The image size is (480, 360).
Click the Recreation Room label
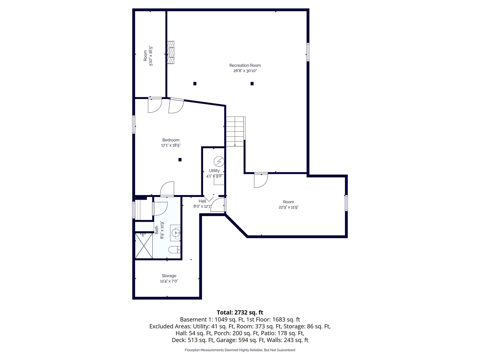click(245, 65)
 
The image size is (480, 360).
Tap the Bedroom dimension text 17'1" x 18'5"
click(171, 145)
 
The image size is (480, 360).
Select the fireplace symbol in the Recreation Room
click(171, 52)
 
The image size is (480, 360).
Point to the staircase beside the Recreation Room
click(235, 131)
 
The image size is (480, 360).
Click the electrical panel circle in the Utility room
click(219, 162)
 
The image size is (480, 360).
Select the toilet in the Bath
click(174, 249)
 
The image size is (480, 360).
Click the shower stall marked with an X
click(144, 245)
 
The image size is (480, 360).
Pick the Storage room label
click(169, 276)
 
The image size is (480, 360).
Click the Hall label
click(202, 201)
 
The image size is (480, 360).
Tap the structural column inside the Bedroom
click(180, 160)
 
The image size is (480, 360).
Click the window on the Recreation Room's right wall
click(308, 52)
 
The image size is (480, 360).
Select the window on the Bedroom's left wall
click(134, 124)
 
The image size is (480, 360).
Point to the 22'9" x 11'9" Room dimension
click(288, 207)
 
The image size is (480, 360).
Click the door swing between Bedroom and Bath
click(167, 189)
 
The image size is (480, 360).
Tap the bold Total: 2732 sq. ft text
click(240, 312)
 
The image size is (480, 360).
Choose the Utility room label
click(214, 170)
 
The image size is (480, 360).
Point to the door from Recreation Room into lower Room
click(261, 180)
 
